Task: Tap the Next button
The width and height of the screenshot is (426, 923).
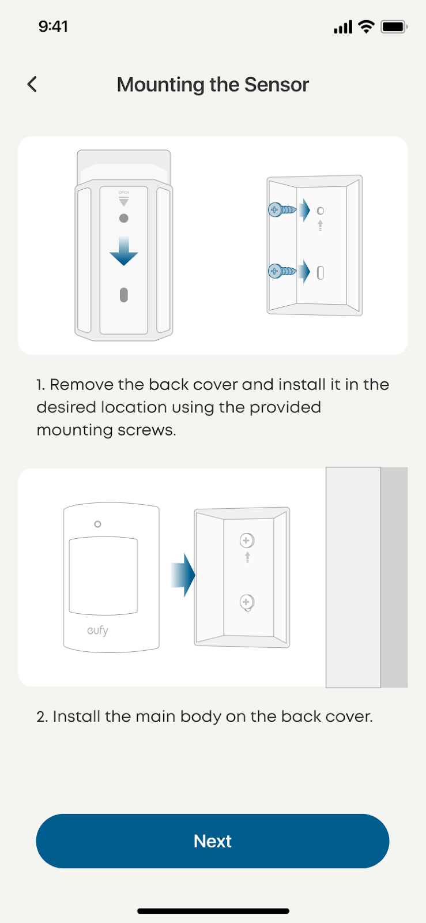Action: tap(212, 841)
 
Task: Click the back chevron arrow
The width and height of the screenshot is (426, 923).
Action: tap(32, 84)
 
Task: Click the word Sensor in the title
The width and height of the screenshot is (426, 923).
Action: tap(276, 84)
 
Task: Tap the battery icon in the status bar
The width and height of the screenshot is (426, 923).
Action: tap(394, 27)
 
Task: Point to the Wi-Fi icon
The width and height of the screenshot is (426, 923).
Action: tap(366, 27)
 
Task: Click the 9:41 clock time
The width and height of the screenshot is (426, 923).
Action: tap(53, 27)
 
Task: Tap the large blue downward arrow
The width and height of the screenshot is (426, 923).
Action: tap(123, 250)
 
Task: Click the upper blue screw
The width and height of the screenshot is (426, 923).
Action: tap(281, 210)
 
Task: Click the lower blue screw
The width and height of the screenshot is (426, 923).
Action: tap(281, 271)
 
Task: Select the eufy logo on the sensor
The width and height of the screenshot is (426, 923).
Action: tap(97, 631)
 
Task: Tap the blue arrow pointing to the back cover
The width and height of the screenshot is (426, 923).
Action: tap(183, 575)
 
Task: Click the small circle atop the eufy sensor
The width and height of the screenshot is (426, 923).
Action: tap(97, 524)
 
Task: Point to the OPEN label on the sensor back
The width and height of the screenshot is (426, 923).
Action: tap(123, 193)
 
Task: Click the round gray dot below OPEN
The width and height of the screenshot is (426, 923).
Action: tap(123, 219)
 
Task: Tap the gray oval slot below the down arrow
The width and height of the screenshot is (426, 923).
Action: tap(123, 295)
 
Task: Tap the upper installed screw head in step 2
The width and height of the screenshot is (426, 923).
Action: tap(247, 540)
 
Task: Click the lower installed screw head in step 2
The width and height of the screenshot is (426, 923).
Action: tap(247, 602)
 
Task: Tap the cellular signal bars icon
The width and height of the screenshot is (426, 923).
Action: tap(343, 27)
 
